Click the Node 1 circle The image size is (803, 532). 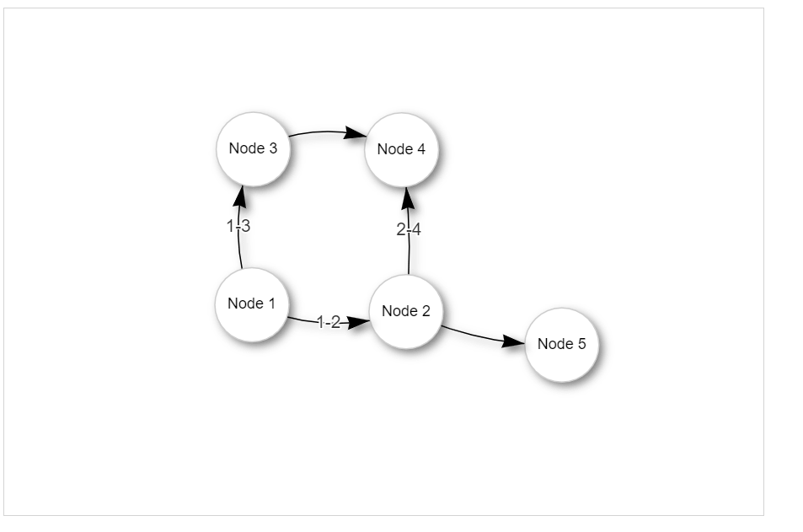(x=252, y=304)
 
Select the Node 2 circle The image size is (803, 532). (x=406, y=312)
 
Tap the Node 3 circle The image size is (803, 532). (x=254, y=149)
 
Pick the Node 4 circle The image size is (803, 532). (x=401, y=150)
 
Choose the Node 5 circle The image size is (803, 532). (x=562, y=345)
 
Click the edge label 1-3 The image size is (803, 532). (x=238, y=225)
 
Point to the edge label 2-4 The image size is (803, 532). (x=409, y=229)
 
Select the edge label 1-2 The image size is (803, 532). (x=329, y=322)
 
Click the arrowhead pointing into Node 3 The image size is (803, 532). (x=240, y=196)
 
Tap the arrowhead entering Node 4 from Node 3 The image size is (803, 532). (x=356, y=133)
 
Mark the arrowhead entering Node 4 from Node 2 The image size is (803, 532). (x=408, y=198)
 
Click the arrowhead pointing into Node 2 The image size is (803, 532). (x=358, y=322)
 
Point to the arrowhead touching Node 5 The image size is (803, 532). (x=513, y=341)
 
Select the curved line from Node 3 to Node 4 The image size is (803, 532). (x=328, y=132)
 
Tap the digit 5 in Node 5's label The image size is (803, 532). (x=581, y=343)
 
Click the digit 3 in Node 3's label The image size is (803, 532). (x=273, y=148)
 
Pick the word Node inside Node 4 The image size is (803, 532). (x=394, y=149)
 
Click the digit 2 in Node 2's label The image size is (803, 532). (x=426, y=310)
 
